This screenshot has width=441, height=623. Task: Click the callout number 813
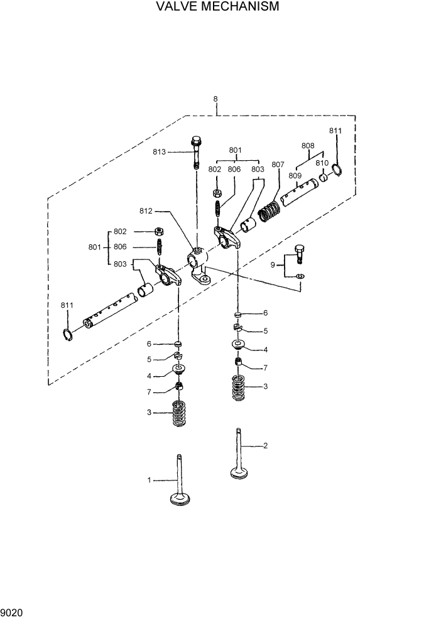160,151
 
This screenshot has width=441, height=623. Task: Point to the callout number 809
295,175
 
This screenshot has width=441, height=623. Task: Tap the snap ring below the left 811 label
68,335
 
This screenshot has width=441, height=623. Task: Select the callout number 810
322,163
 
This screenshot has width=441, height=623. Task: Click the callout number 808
308,145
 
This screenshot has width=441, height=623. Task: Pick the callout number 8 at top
215,99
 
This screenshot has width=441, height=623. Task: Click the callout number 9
273,265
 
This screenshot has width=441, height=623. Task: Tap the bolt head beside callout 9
300,249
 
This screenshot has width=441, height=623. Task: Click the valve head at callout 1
180,499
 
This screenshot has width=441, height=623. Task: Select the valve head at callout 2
239,472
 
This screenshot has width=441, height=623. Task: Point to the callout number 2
265,446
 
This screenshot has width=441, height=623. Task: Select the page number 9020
12,612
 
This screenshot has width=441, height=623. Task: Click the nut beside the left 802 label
159,232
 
